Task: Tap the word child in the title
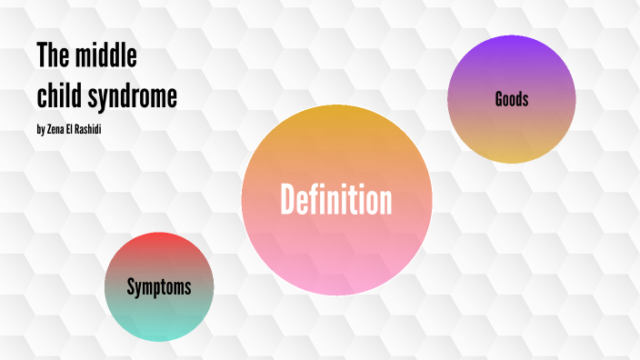pos(60,95)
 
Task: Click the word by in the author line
pos(40,130)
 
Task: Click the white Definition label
pos(336,199)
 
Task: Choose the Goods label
pos(512,99)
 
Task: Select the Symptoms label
pos(159,287)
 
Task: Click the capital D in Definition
pos(289,199)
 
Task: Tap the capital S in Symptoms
pos(131,287)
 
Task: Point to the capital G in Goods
pos(499,99)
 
